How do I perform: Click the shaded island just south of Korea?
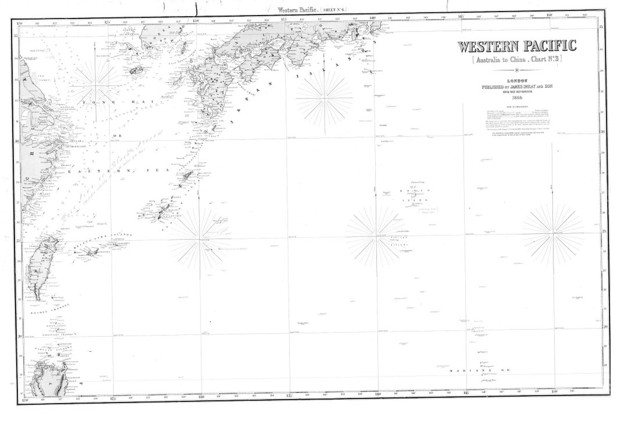[135, 70]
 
